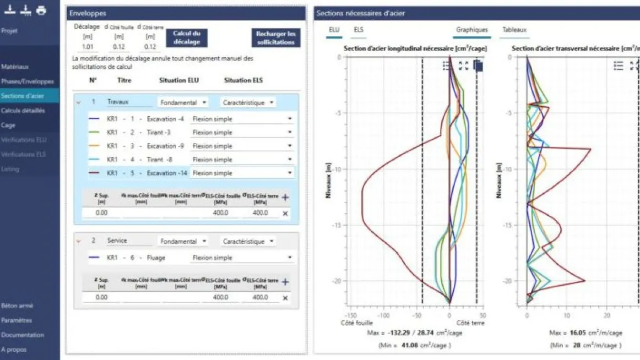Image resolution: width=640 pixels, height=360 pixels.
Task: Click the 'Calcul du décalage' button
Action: [187, 37]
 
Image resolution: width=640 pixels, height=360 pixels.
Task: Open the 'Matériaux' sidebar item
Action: [15, 67]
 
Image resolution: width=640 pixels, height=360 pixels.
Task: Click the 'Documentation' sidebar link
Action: [23, 335]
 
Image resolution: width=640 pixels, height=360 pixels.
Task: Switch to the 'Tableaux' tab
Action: [514, 30]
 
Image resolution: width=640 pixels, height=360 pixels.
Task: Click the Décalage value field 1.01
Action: [88, 47]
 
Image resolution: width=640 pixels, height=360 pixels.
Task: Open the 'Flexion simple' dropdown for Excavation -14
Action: [241, 173]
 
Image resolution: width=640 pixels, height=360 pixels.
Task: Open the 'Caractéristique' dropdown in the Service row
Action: [248, 242]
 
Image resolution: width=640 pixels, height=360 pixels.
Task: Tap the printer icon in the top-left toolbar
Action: [41, 10]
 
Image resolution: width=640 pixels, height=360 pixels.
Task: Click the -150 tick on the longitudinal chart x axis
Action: [351, 316]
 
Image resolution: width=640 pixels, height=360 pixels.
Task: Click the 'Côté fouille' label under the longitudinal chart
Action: [357, 323]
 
